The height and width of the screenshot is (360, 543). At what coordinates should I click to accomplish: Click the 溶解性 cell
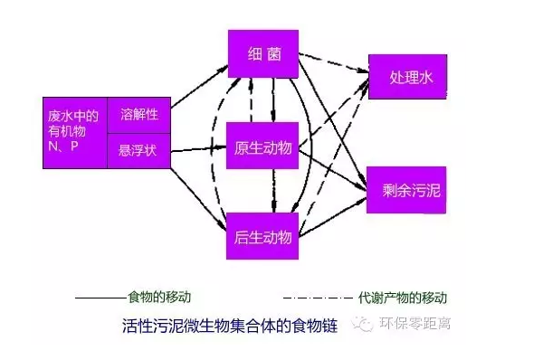click(x=138, y=114)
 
